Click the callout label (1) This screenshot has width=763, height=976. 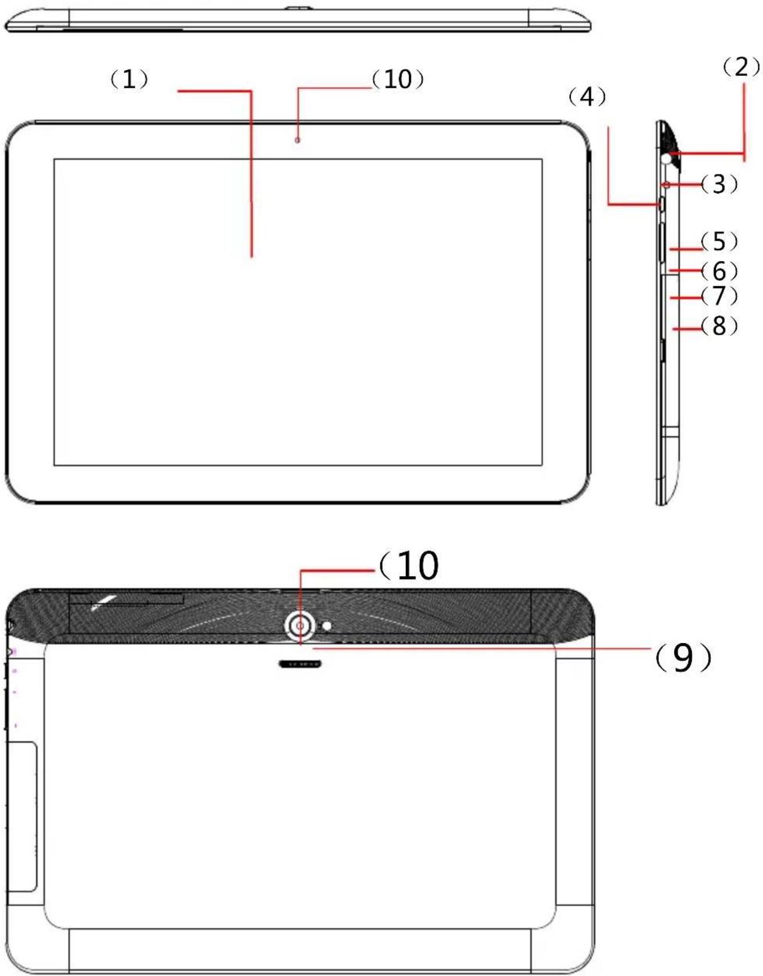(x=129, y=79)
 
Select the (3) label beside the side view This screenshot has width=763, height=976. (x=719, y=184)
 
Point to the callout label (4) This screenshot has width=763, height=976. (x=587, y=97)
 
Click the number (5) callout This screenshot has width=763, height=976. (x=719, y=241)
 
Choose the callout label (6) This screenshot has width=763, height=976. (x=719, y=271)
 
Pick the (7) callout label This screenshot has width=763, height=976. (x=719, y=296)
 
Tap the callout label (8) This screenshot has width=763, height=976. (x=719, y=326)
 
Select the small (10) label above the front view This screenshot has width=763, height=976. (x=398, y=79)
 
